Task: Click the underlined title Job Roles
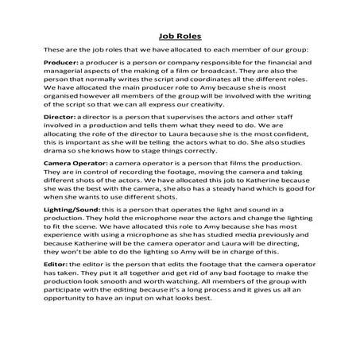180,36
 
